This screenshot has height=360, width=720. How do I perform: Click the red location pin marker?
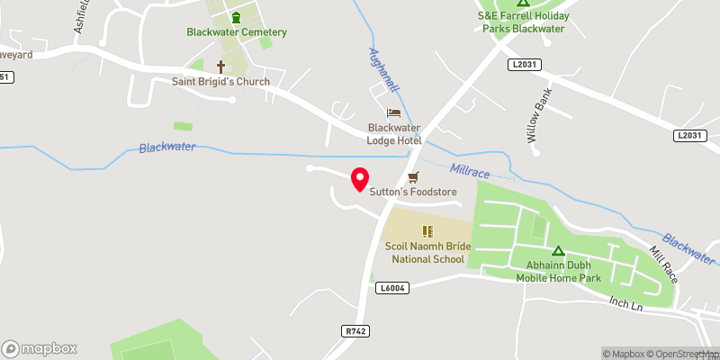pos(359,179)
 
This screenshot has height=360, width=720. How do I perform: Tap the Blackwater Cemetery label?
pos(237,32)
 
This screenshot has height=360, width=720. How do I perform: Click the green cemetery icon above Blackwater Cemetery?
pos(237,17)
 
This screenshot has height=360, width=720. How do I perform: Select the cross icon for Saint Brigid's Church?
pos(221,67)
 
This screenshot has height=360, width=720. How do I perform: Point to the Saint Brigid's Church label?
pos(221,82)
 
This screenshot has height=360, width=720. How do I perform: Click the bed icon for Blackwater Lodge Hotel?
pos(393,112)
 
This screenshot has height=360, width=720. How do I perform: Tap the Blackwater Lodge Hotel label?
pos(394,133)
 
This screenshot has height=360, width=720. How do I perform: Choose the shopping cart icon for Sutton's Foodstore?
pos(414,177)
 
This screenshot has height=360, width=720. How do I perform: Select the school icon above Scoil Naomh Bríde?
pos(427,231)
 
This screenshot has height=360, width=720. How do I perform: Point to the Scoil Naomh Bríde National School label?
pos(427,253)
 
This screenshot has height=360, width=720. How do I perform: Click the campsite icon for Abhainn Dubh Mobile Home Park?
pos(558,251)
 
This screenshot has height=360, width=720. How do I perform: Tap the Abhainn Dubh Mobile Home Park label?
pos(558,272)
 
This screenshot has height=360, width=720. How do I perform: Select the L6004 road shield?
pos(392,288)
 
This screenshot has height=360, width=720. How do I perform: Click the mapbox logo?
pos(40,348)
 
